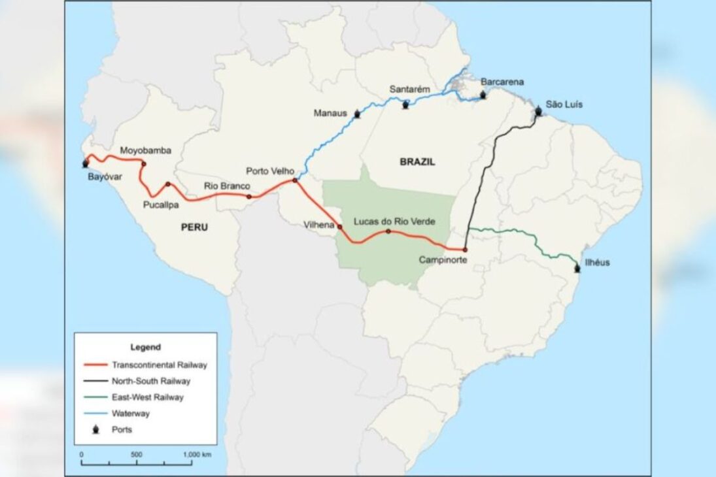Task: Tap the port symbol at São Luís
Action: (x=538, y=112)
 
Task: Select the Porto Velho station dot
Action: (x=296, y=180)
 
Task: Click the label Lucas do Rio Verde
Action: (x=394, y=222)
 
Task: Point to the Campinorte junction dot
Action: (x=465, y=250)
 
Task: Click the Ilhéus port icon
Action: (x=576, y=268)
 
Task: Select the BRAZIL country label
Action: (x=417, y=162)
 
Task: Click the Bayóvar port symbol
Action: (x=85, y=163)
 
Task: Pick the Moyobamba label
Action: (x=146, y=151)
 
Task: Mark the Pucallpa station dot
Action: (x=168, y=184)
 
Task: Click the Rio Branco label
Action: (x=227, y=186)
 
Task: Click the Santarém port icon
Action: (x=406, y=105)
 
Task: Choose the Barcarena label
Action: (x=502, y=82)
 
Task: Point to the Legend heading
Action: (x=145, y=348)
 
